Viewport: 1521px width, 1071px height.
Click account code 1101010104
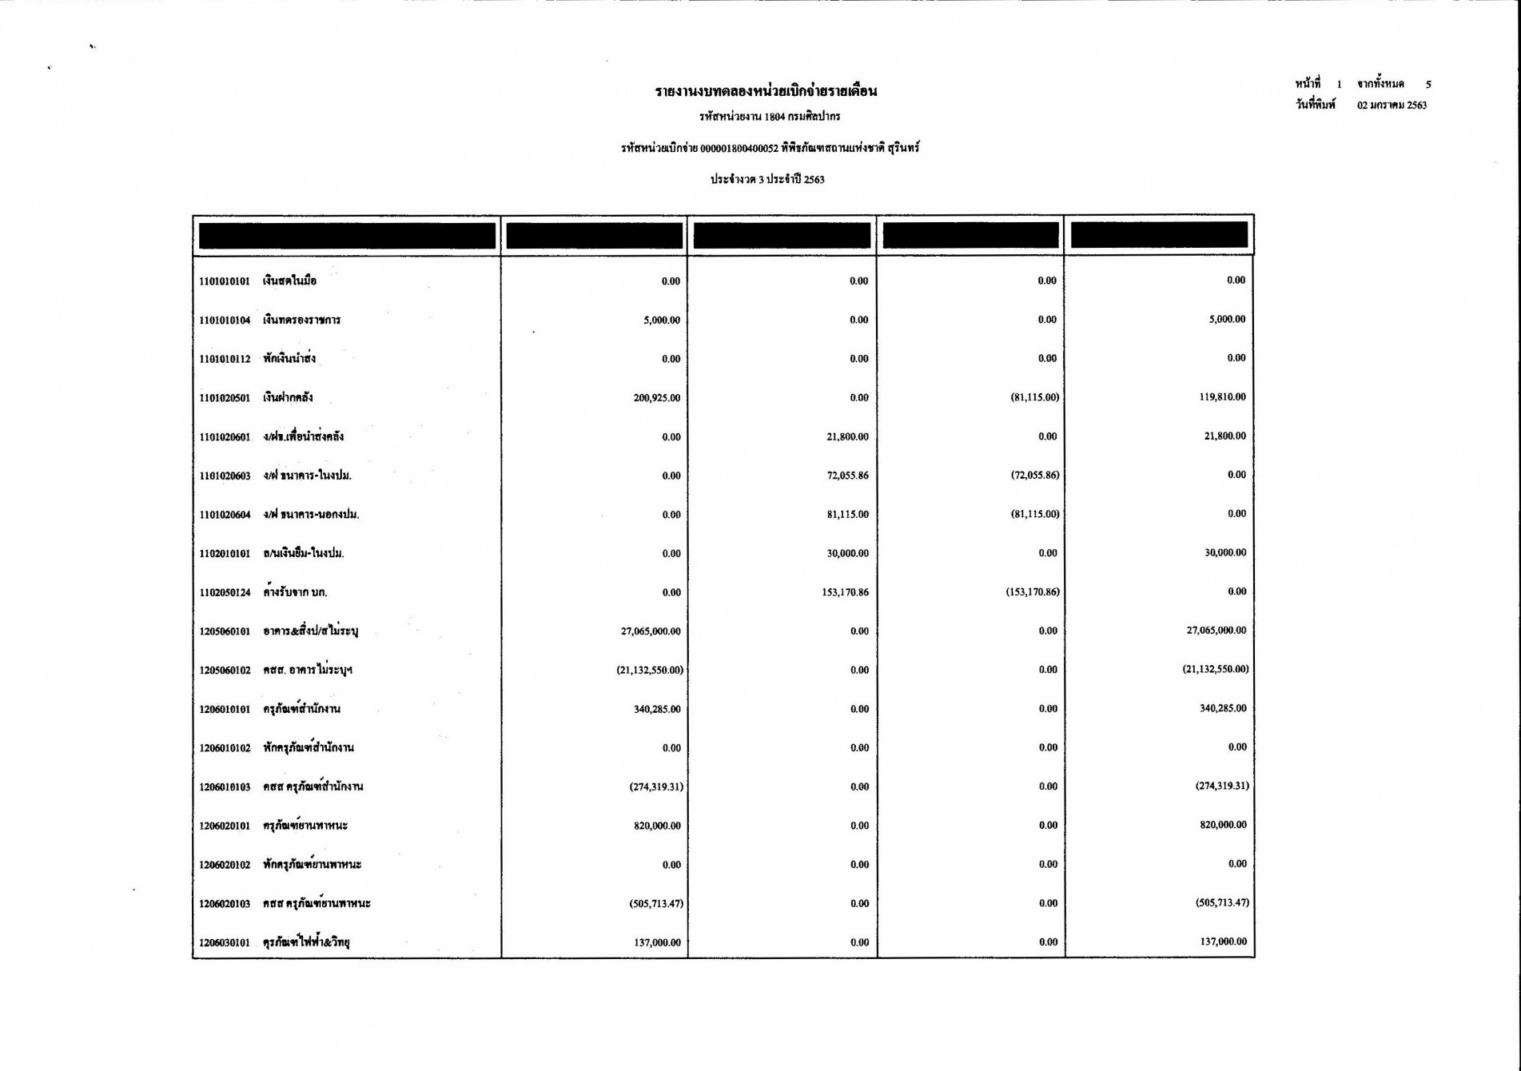pyautogui.click(x=225, y=321)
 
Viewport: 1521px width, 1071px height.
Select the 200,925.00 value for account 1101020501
pyautogui.click(x=656, y=398)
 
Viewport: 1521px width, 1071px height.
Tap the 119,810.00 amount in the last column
pyautogui.click(x=1222, y=397)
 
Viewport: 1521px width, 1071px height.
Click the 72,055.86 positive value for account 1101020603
pyautogui.click(x=847, y=476)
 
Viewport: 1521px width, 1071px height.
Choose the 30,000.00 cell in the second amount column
pyautogui.click(x=847, y=554)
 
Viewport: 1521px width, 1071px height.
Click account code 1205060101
pyautogui.click(x=225, y=632)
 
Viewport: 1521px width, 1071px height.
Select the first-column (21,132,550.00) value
pyautogui.click(x=650, y=671)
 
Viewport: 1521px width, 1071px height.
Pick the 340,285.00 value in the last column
pyautogui.click(x=1223, y=709)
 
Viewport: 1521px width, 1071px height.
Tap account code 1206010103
pyautogui.click(x=225, y=787)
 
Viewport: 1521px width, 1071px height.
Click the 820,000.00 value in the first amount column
pyautogui.click(x=657, y=826)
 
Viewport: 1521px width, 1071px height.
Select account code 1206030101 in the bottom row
pyautogui.click(x=225, y=943)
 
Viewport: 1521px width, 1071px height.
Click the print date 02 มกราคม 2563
pyautogui.click(x=1392, y=106)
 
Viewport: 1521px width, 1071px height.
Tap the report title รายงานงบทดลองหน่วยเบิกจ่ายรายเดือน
pyautogui.click(x=766, y=91)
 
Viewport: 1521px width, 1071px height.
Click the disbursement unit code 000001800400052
pyautogui.click(x=739, y=149)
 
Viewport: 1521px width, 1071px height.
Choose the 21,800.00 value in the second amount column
pyautogui.click(x=847, y=437)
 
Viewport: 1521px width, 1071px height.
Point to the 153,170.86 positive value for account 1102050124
pyautogui.click(x=845, y=593)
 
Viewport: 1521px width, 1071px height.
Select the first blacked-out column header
pyautogui.click(x=347, y=236)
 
